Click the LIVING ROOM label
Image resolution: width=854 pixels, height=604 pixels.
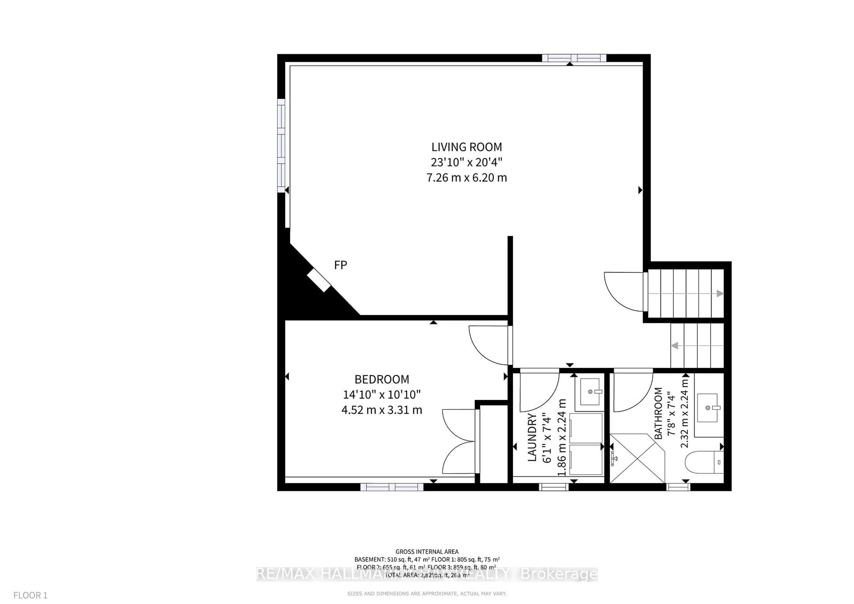click(x=466, y=147)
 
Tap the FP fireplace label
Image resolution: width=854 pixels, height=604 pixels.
click(x=340, y=265)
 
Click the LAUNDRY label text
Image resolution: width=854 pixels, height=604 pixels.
click(x=532, y=437)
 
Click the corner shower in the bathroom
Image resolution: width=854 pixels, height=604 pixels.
click(x=637, y=458)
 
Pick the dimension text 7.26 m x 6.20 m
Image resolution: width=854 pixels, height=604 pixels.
click(x=466, y=178)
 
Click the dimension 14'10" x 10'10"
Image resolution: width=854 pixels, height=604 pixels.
click(x=382, y=394)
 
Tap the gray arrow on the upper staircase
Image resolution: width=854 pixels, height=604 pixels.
click(x=720, y=294)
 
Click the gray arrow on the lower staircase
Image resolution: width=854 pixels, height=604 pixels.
click(x=675, y=346)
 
